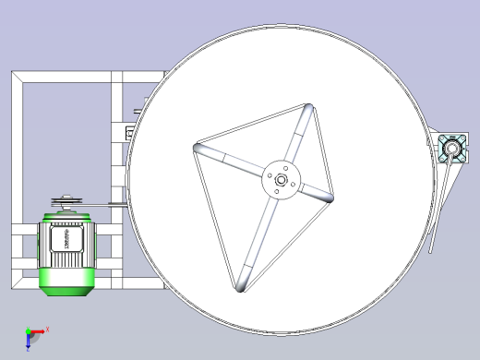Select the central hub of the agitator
point(281,179)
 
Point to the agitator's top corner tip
point(307,110)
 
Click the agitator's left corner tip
point(198,148)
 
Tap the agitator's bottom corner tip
point(240,285)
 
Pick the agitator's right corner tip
point(330,197)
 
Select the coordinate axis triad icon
point(32,336)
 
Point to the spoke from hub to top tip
point(294,143)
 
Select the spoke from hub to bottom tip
point(261,231)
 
